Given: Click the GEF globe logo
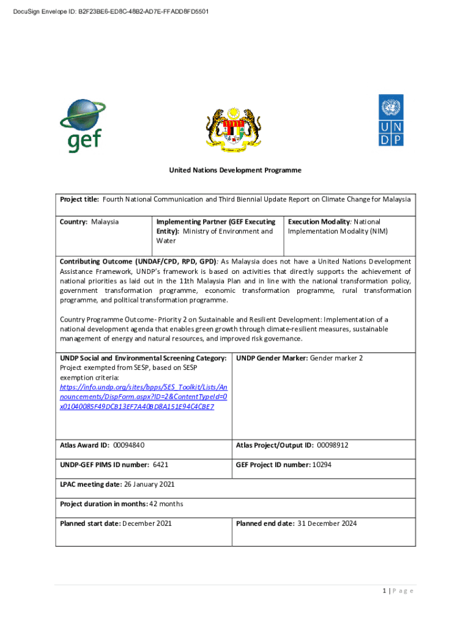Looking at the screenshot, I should tap(84, 125).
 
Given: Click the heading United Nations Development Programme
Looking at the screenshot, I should tap(235, 170).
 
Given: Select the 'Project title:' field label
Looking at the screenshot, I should tap(80, 199).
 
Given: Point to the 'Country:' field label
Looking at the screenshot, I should tap(74, 221).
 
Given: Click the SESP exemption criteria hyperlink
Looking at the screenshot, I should tap(143, 397).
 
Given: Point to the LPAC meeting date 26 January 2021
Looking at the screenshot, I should tap(149, 484).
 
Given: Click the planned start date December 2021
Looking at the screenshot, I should tap(147, 523).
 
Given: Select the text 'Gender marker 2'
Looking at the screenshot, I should tap(336, 358).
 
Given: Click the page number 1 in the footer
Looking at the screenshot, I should tap(383, 591).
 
